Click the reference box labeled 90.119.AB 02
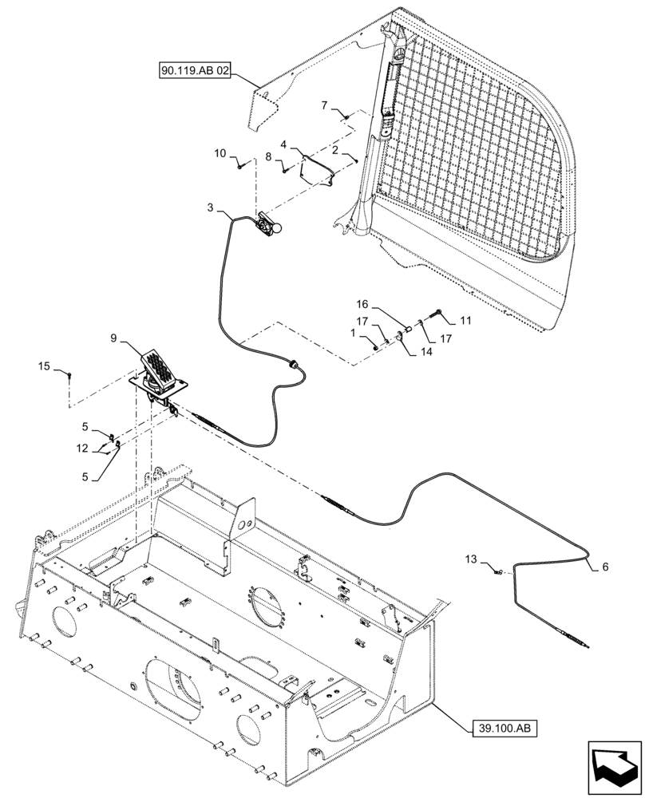[x=196, y=71]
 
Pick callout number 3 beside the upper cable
[x=210, y=207]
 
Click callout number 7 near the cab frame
[x=325, y=105]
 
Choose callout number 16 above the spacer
[x=362, y=304]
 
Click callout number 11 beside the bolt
[x=465, y=320]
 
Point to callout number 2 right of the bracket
[x=336, y=149]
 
